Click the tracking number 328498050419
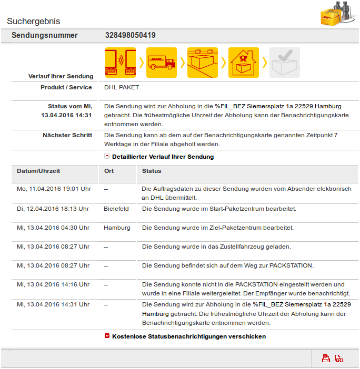click(130, 36)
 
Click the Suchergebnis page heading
click(33, 22)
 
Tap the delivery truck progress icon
click(162, 63)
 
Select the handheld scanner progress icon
click(121, 63)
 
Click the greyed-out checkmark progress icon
click(285, 63)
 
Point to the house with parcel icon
click(244, 63)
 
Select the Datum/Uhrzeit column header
click(38, 171)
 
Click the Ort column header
click(109, 171)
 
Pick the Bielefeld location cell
click(116, 209)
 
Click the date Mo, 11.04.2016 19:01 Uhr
click(54, 188)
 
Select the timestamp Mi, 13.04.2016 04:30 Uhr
click(53, 228)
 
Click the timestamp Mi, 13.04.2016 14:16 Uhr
click(53, 284)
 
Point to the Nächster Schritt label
click(67, 135)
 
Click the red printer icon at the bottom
click(326, 358)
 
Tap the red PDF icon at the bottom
click(339, 358)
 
